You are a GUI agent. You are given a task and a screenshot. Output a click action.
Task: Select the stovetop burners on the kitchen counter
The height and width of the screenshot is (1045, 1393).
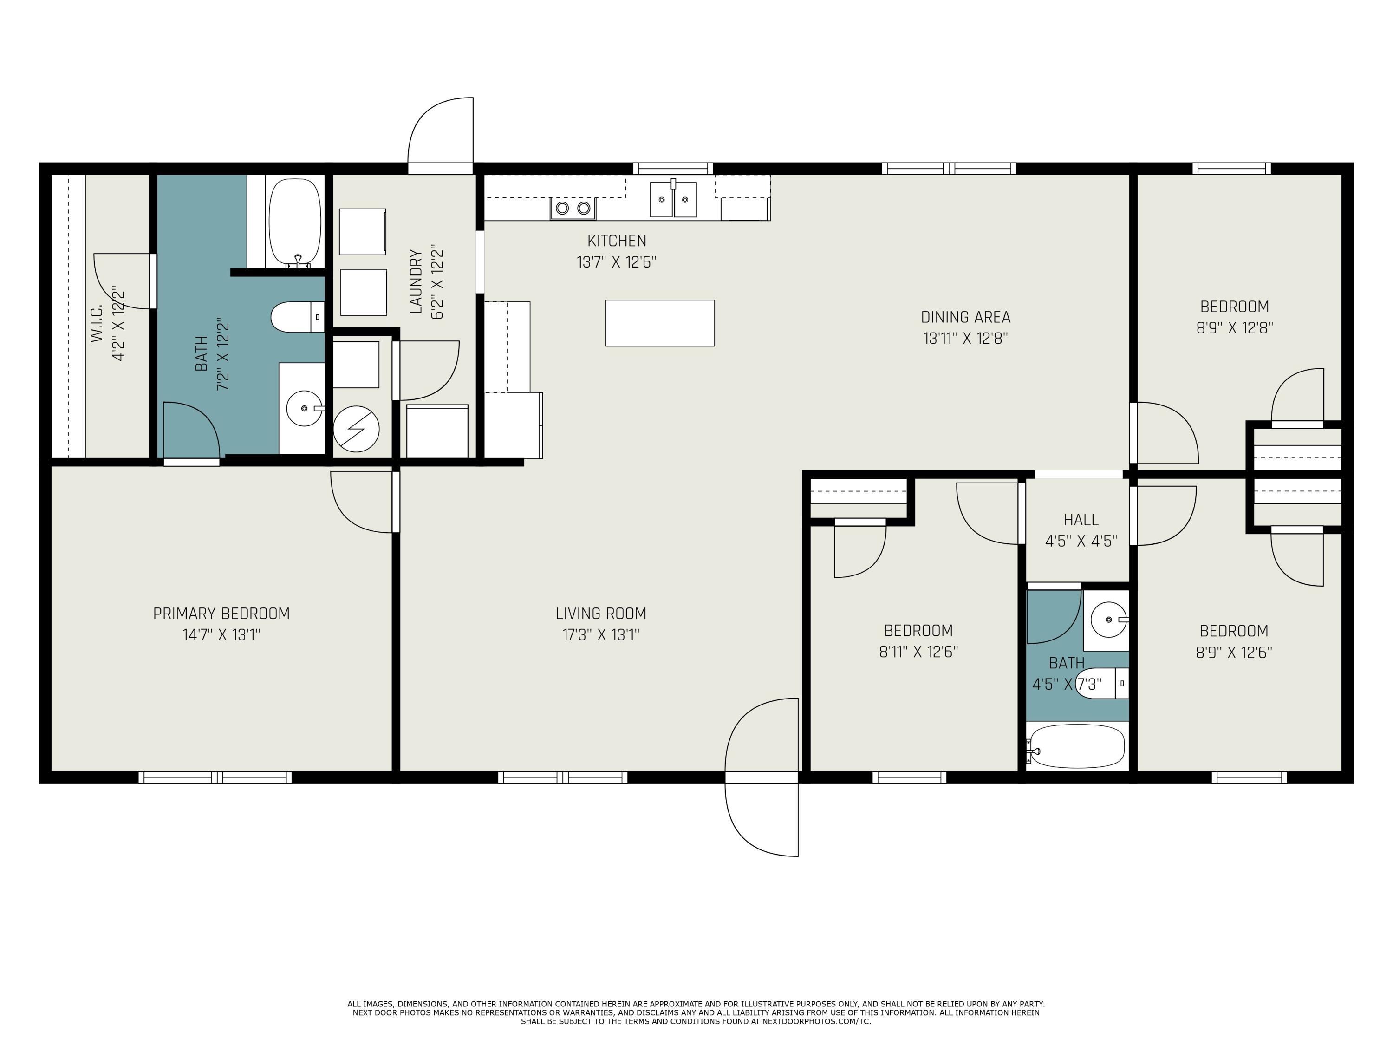click(573, 208)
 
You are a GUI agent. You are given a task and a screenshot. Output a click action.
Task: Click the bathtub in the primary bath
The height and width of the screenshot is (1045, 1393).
click(295, 223)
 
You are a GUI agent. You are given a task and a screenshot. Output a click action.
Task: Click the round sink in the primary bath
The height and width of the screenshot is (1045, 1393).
click(305, 408)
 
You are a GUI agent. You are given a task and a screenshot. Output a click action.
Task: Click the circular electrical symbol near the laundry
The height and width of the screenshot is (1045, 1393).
click(356, 429)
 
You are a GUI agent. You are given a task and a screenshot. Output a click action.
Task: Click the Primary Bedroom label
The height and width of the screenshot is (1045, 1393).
click(221, 614)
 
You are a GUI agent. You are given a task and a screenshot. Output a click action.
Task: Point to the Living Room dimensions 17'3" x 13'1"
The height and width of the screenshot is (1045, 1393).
click(601, 634)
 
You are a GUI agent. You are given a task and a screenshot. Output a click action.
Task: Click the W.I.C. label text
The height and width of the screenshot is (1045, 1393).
click(97, 324)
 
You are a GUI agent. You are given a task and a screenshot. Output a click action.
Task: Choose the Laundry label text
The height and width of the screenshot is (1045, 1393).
click(416, 281)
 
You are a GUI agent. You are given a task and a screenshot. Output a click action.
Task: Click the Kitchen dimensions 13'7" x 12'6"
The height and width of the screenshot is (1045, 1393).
click(617, 262)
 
